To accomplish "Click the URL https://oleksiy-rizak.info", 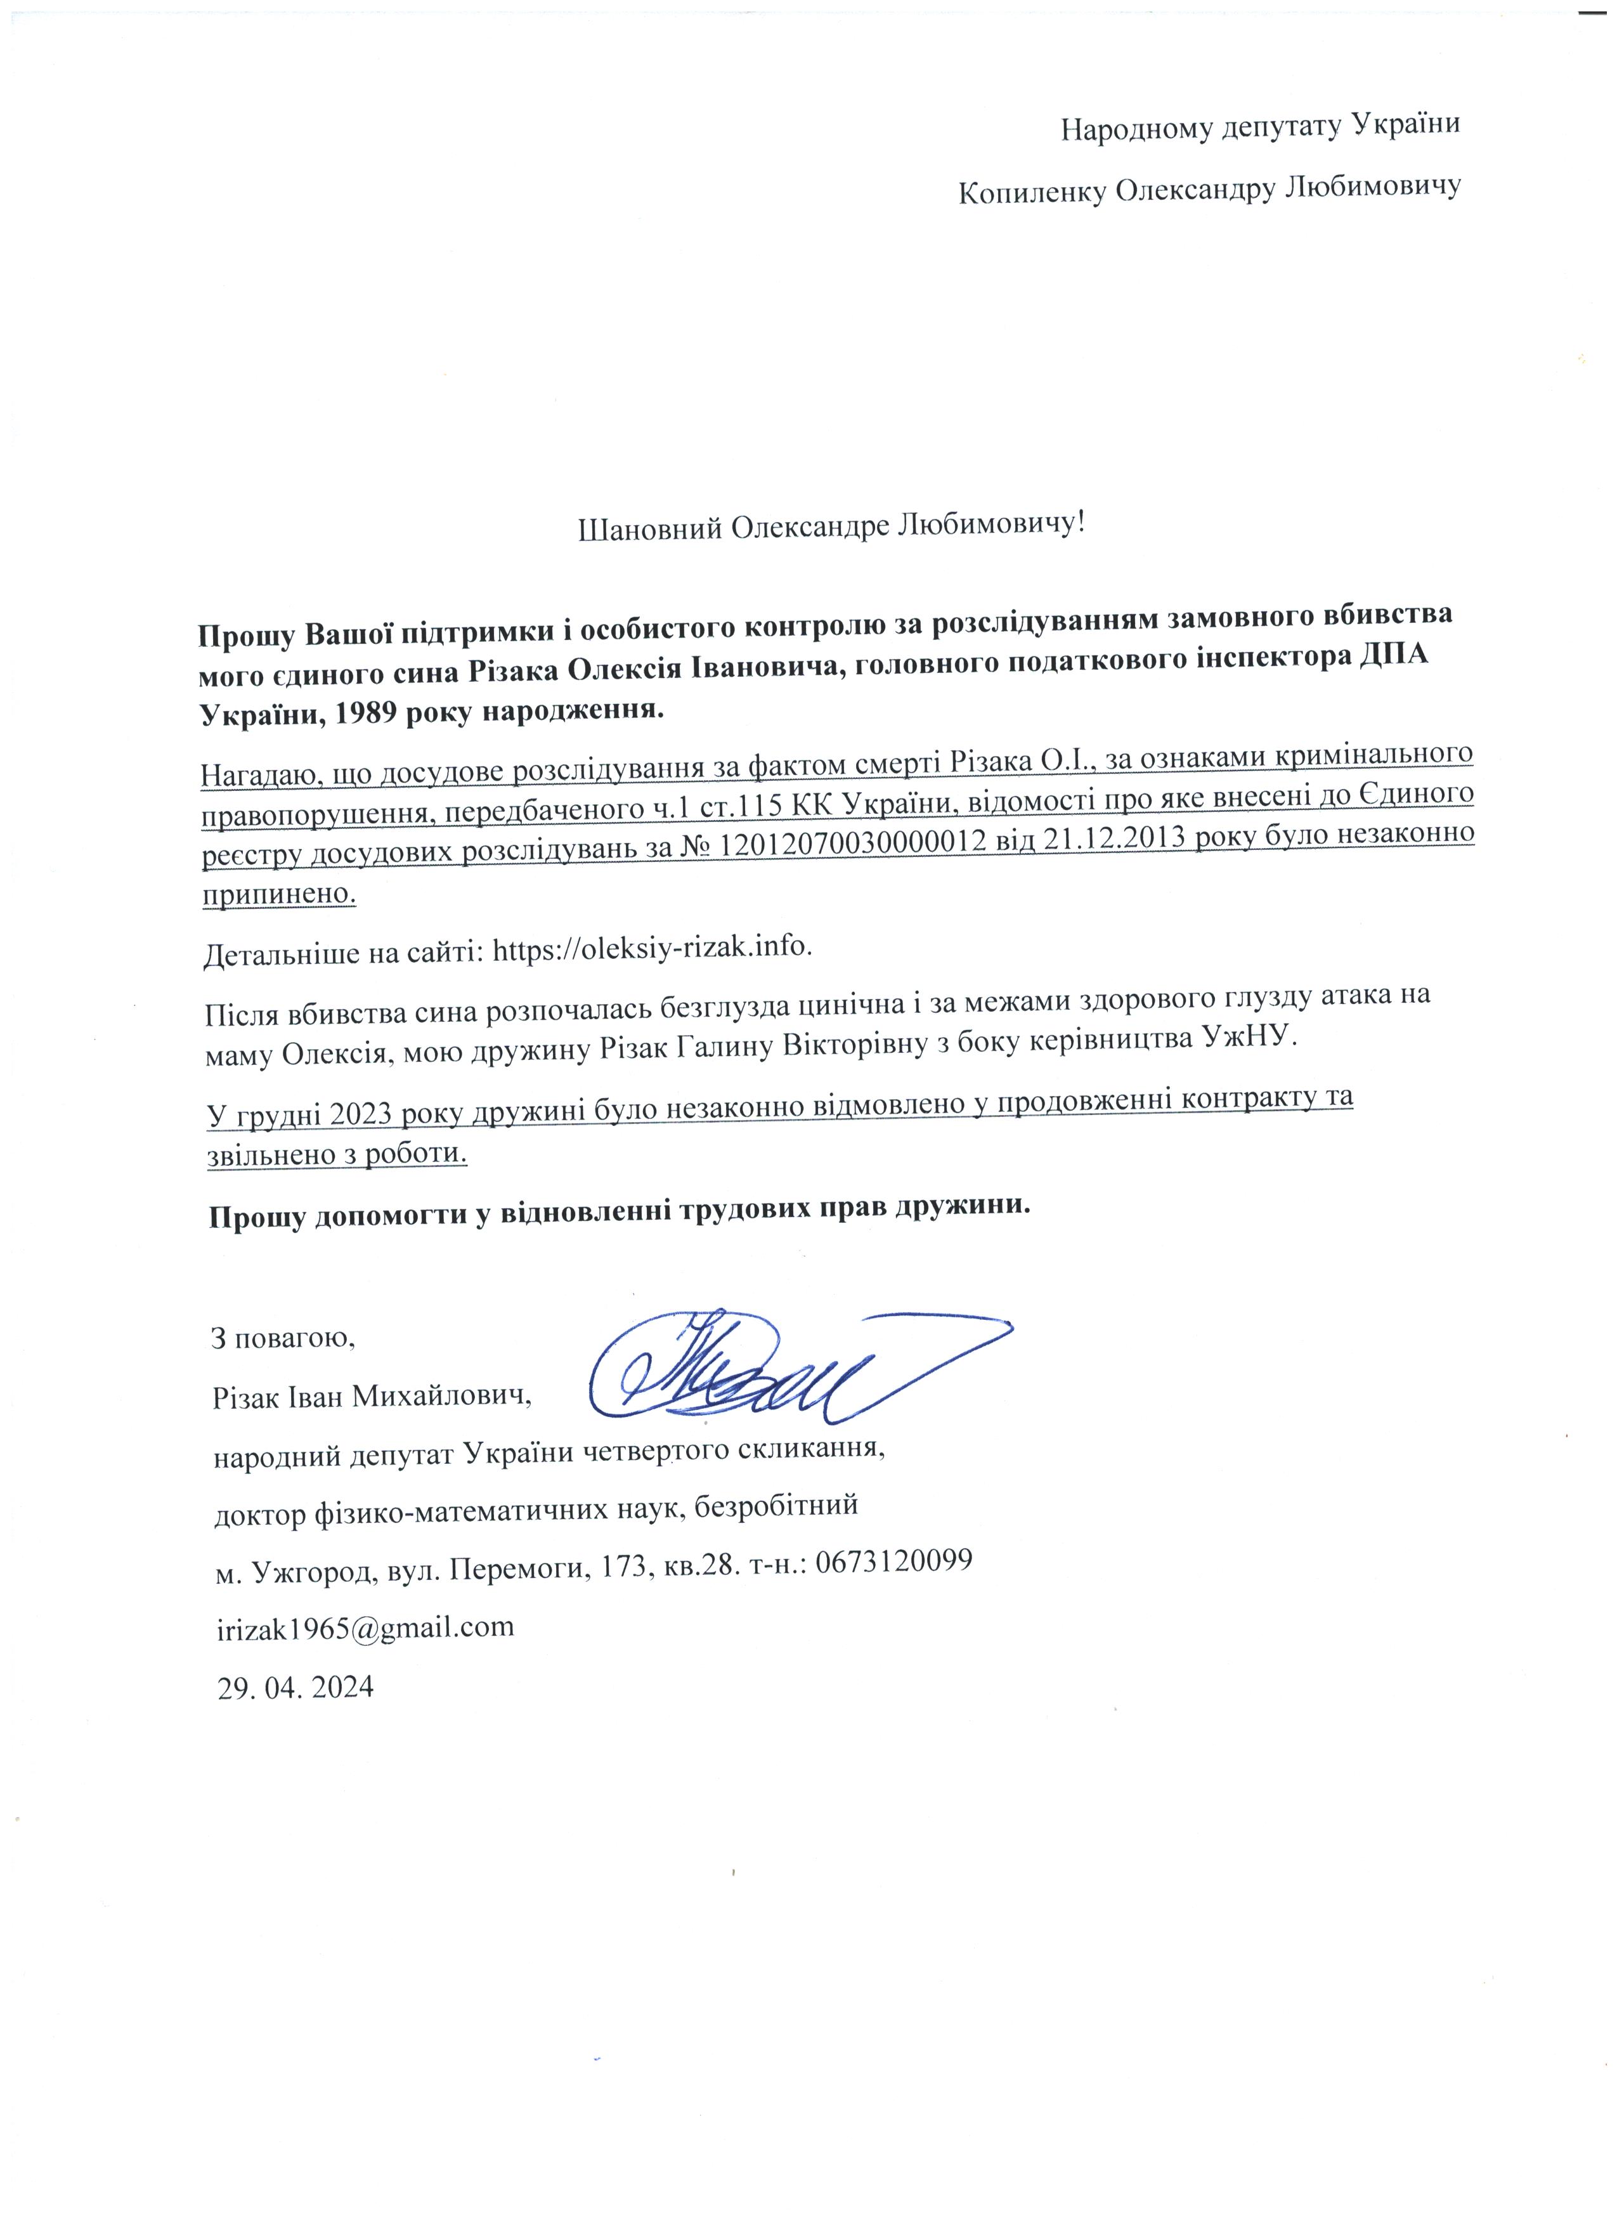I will pyautogui.click(x=652, y=949).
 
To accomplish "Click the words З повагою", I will pyautogui.click(x=282, y=1338).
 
